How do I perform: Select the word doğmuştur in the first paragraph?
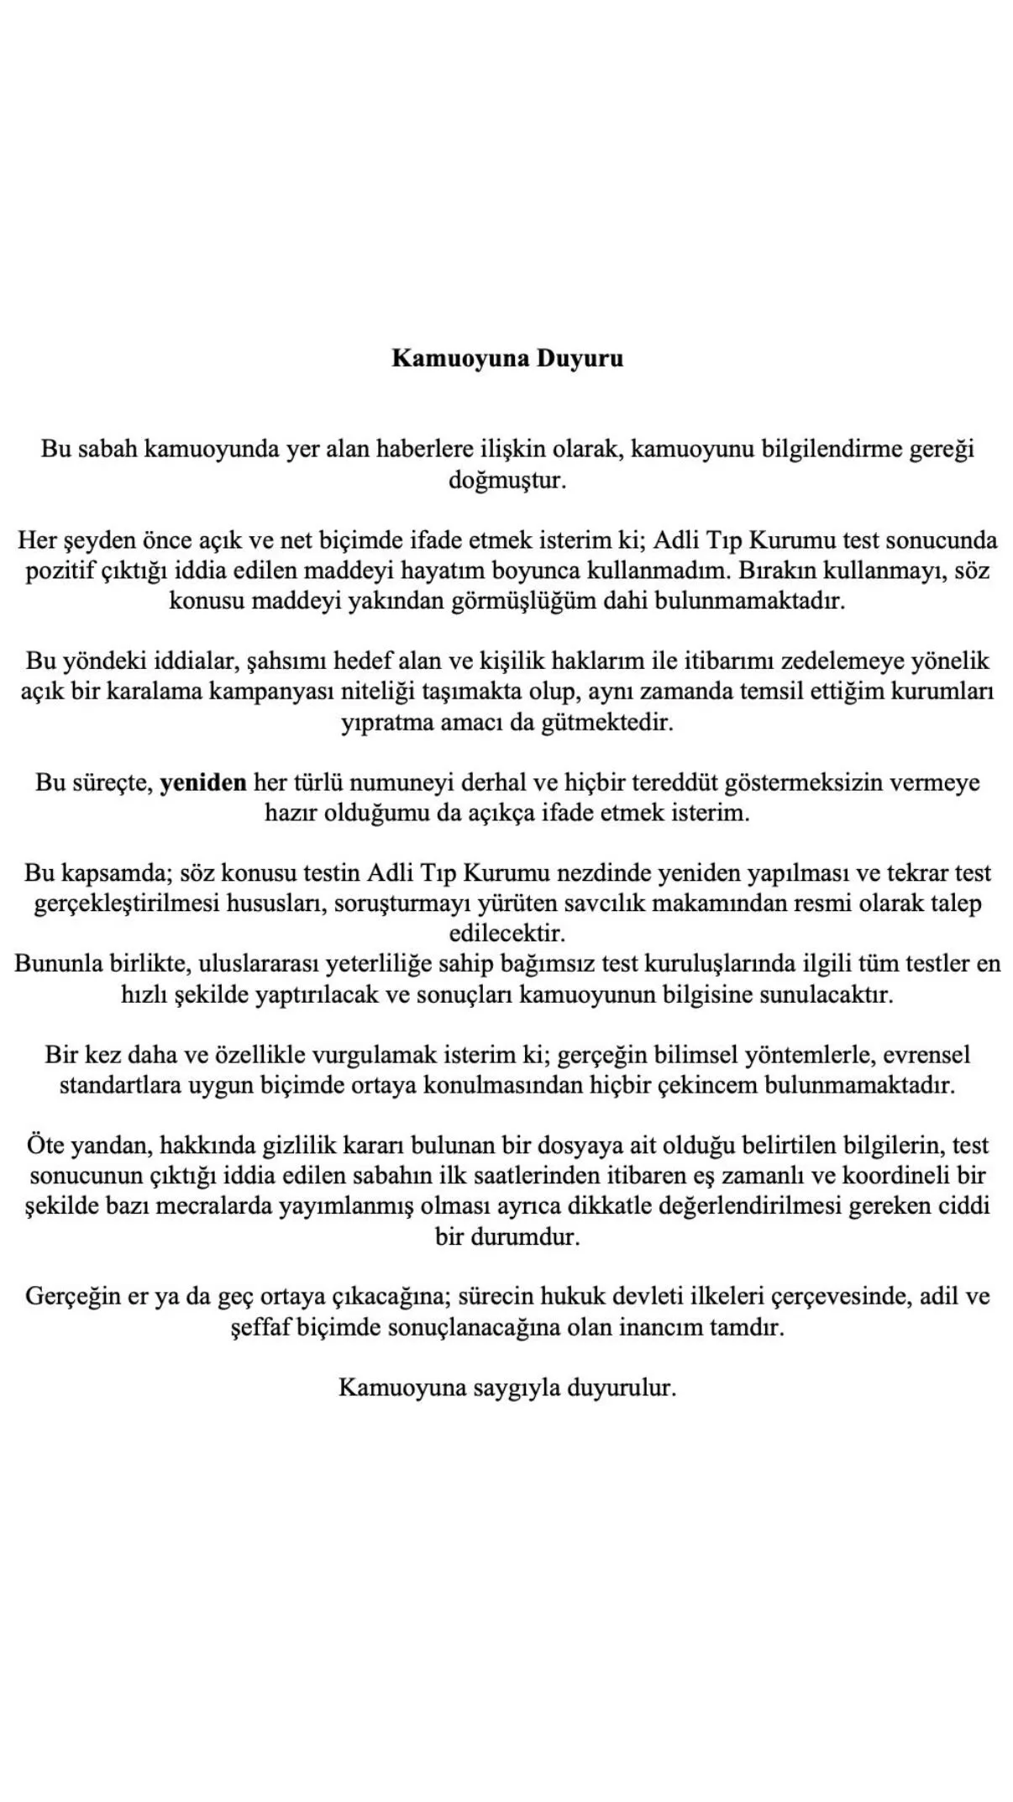click(507, 482)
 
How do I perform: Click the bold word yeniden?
click(203, 783)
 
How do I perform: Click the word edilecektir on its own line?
click(507, 934)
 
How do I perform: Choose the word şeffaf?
click(260, 1329)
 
